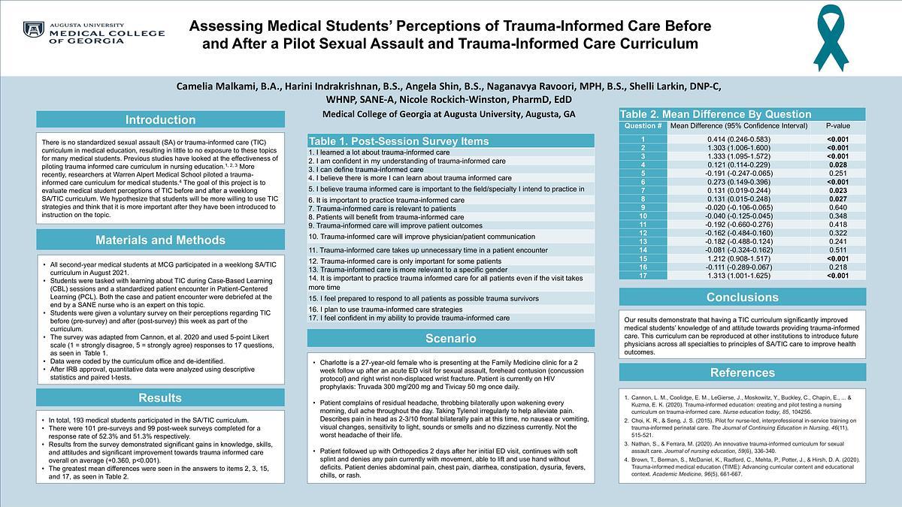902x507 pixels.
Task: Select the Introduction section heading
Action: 160,120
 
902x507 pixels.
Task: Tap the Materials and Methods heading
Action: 160,240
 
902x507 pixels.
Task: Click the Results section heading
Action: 160,398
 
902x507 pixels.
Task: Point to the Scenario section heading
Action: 451,339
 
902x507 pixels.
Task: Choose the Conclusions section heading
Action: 743,297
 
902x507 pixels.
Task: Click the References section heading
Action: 743,373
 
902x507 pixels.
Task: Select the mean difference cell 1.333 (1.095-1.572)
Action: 743,156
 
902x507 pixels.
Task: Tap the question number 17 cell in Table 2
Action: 643,275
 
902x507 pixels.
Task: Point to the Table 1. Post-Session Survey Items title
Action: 387,141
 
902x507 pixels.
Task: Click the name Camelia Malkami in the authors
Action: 218,86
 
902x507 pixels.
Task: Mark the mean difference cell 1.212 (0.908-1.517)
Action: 743,258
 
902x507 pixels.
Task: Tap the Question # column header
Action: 643,126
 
